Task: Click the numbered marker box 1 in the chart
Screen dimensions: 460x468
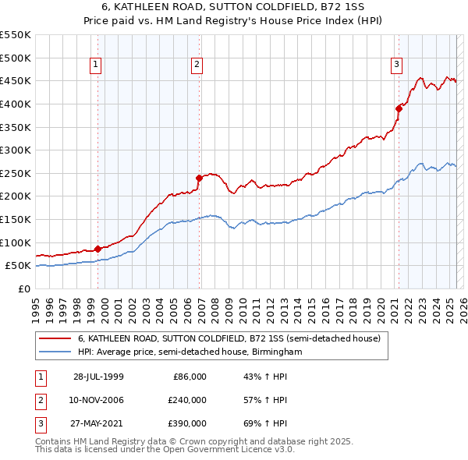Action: tap(95, 65)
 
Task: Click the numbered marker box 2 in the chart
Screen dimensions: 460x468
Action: tap(197, 65)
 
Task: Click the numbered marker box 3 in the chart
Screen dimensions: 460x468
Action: tap(396, 65)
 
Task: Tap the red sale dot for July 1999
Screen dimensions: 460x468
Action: tap(98, 249)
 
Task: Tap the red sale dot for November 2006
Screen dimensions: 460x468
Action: tap(199, 178)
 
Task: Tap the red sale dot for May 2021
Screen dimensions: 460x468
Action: tap(399, 108)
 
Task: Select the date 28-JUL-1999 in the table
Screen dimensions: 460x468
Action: tap(99, 377)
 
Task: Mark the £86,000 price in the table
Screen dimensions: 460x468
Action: tap(190, 377)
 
